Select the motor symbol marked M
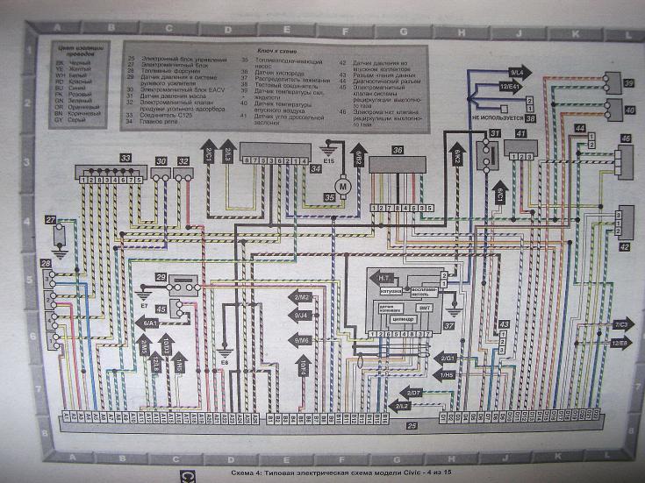[344, 185]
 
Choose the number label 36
[398, 151]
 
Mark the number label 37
[448, 324]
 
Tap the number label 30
[161, 162]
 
